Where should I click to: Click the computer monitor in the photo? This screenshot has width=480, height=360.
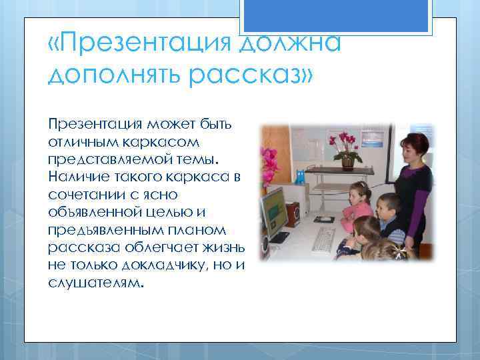274,212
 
